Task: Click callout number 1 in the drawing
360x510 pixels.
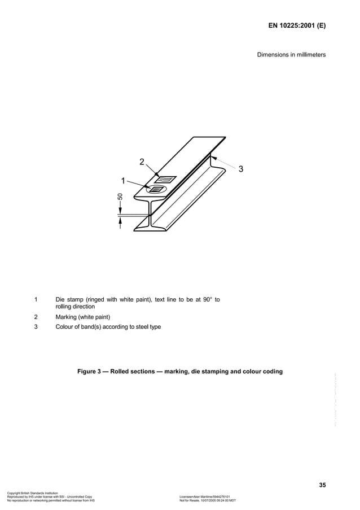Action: (x=122, y=180)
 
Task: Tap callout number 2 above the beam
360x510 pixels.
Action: (x=143, y=163)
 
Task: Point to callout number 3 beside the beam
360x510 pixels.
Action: (x=241, y=169)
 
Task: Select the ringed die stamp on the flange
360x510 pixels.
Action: (x=154, y=190)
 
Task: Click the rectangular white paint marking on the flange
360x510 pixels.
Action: (x=165, y=180)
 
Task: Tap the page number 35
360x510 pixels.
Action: (x=322, y=485)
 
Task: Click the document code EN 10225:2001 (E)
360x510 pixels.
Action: (x=297, y=26)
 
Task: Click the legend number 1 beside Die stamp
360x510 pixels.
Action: (x=37, y=299)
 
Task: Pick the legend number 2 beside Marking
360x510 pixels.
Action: (x=37, y=317)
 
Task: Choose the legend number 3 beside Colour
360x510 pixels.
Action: (x=37, y=326)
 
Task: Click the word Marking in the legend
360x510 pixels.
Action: (x=68, y=317)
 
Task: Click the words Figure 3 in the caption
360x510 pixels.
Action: (x=89, y=372)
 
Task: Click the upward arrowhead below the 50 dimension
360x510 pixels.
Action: (x=120, y=221)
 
